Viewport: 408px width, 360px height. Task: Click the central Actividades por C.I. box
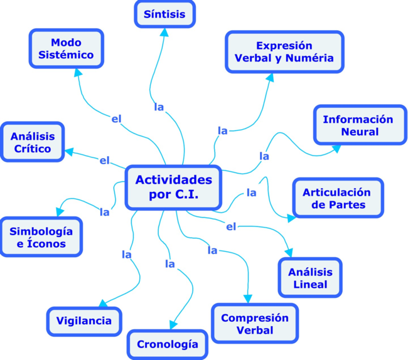tap(173, 187)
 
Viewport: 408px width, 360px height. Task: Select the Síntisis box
tap(164, 14)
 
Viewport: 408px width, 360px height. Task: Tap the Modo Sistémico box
tap(66, 48)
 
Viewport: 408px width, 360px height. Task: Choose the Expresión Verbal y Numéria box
tap(284, 52)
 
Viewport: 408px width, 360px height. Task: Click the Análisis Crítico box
tap(33, 142)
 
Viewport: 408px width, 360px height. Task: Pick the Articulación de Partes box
tap(336, 198)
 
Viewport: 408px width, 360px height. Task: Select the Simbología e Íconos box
tap(41, 237)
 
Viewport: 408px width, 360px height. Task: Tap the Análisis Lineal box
tap(310, 278)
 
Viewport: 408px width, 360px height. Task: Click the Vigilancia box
tap(83, 321)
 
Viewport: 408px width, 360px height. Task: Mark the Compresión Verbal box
tap(255, 324)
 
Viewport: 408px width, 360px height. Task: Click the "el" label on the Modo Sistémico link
tap(116, 119)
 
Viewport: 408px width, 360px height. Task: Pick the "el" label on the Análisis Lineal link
tap(230, 226)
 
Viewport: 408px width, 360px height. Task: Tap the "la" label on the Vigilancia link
tap(126, 254)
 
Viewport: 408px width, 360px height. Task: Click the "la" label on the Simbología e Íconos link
tap(105, 212)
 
